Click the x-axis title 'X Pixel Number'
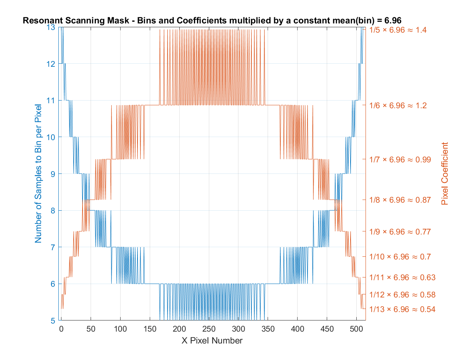coord(212,340)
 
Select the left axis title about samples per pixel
coord(38,173)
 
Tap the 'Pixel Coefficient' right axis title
coord(445,173)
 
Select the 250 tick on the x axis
coord(208,329)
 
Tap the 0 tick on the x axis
coord(61,329)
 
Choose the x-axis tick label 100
coord(120,329)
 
